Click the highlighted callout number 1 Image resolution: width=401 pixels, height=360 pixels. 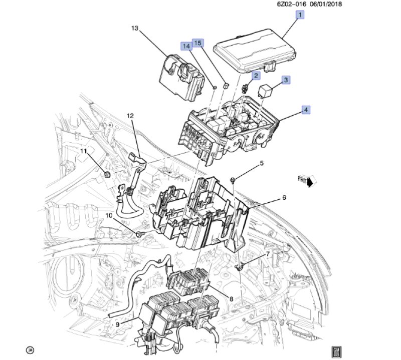click(300, 15)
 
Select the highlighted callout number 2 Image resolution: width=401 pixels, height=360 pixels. click(256, 76)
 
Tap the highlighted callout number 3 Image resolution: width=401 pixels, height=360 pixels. click(286, 80)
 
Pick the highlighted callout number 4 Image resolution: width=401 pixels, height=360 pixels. click(306, 110)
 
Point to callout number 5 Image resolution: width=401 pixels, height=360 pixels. click(262, 163)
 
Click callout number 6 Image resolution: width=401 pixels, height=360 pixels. click(284, 197)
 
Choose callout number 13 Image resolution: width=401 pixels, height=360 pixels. click(135, 28)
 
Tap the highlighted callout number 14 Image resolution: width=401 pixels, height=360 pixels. click(186, 47)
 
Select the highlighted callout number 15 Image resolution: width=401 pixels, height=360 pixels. click(198, 43)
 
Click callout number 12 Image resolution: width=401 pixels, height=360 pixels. click(130, 116)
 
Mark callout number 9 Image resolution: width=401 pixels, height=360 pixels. click(117, 324)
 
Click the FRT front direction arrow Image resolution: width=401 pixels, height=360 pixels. click(307, 181)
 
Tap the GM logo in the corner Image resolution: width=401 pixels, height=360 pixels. click(336, 352)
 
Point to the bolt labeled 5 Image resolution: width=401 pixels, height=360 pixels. click(233, 180)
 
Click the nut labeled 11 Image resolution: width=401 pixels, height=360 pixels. click(107, 175)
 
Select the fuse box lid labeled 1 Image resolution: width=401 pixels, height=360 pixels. click(255, 51)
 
